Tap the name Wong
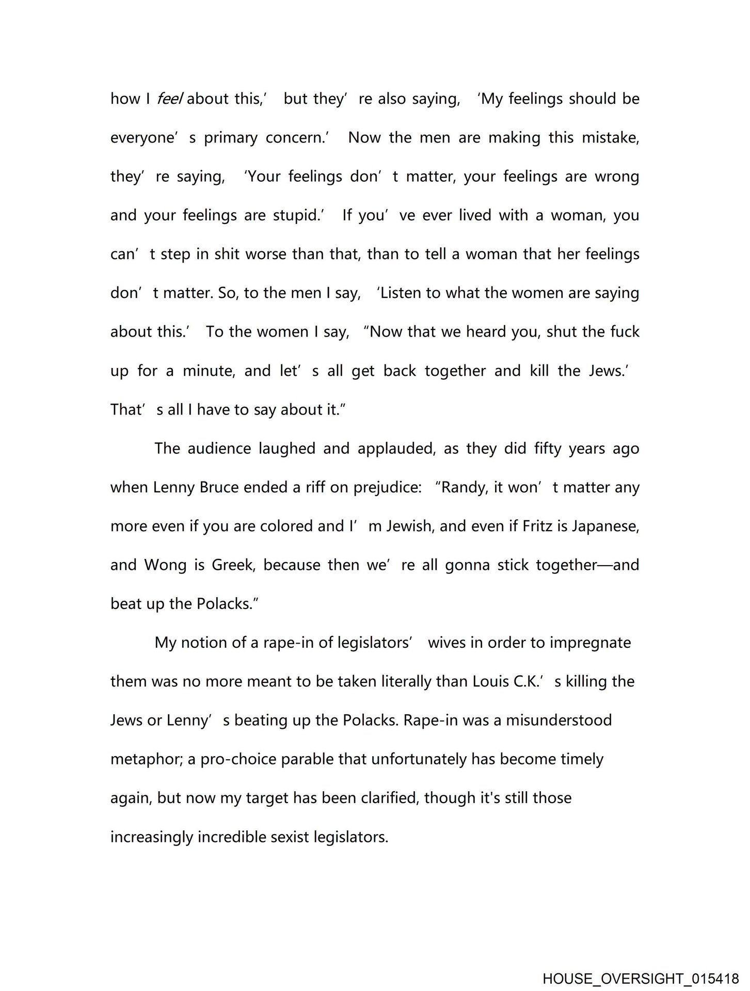165,565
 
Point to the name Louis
490,681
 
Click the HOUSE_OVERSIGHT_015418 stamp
641,978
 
